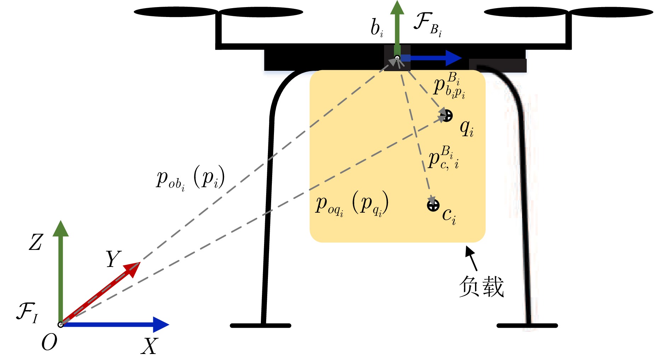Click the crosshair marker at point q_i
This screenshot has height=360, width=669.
pos(447,115)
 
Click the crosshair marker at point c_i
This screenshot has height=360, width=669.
pos(433,205)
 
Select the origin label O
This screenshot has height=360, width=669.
pos(49,343)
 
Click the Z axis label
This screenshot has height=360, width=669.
pos(35,242)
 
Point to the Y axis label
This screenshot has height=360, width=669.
pos(113,259)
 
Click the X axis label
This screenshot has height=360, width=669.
pos(149,346)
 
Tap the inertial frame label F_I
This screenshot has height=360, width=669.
pos(27,312)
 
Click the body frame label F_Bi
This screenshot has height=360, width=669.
pos(428,24)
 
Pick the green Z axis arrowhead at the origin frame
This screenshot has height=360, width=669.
pos(61,229)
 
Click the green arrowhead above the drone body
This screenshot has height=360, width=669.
pos(397,8)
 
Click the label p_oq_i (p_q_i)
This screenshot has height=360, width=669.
pos(352,204)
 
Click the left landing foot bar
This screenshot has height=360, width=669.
pos(261,325)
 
